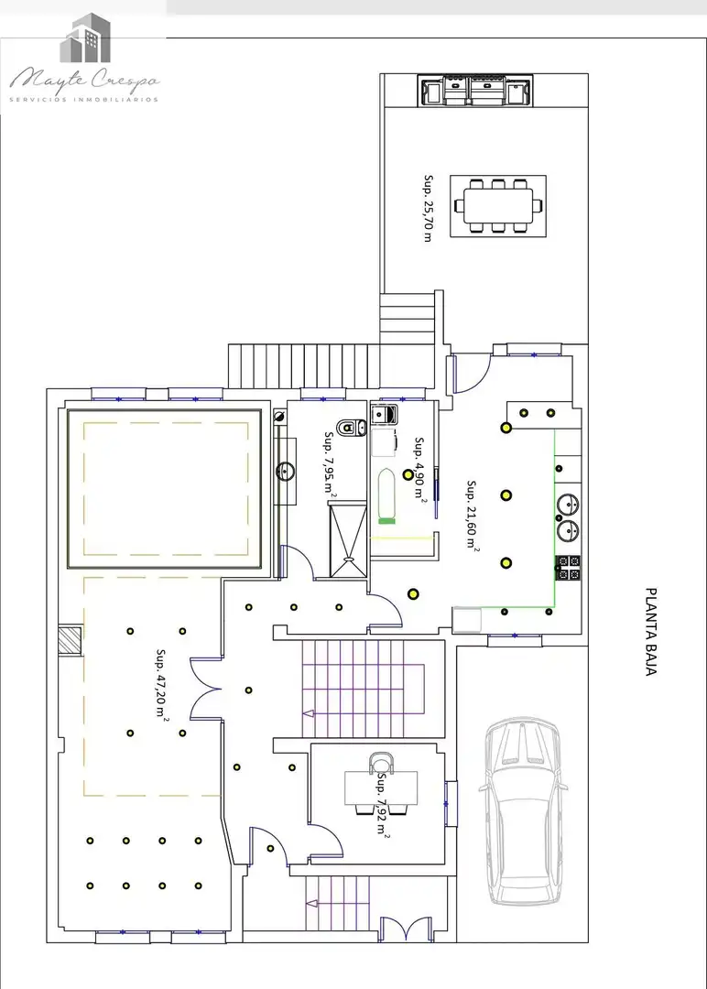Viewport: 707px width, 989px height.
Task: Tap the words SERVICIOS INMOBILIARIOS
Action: click(x=84, y=100)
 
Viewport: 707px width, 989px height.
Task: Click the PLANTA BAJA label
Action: click(x=651, y=632)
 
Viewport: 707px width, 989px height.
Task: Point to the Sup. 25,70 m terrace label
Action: click(x=429, y=209)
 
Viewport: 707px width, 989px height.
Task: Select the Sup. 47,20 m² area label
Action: click(x=161, y=684)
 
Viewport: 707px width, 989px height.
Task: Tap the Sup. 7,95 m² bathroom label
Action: click(x=330, y=464)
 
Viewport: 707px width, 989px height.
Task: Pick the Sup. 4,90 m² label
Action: click(x=420, y=468)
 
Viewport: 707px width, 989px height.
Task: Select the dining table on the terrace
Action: click(x=498, y=206)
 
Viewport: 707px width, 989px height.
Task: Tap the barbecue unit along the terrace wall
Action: click(x=475, y=90)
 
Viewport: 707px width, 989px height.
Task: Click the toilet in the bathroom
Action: click(x=352, y=429)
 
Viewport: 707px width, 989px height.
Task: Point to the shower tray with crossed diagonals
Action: click(x=348, y=538)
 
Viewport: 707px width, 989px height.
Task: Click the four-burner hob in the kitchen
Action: click(x=569, y=568)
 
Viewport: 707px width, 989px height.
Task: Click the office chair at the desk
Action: click(x=381, y=762)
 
